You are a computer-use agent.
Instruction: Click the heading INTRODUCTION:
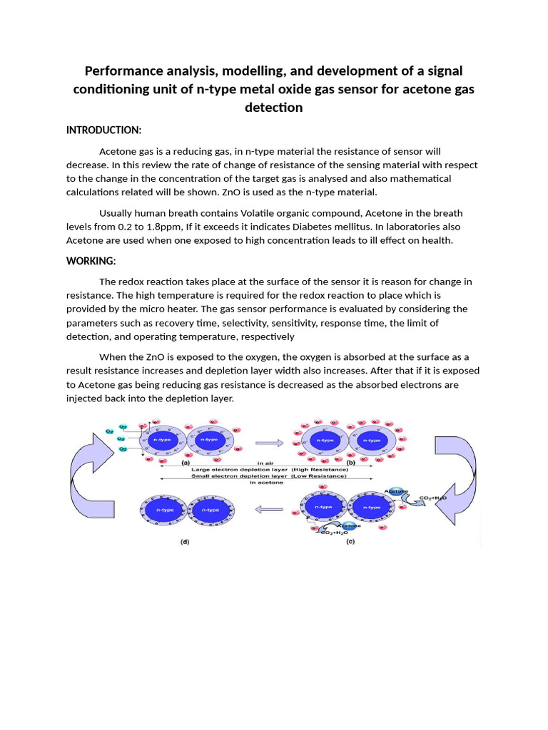point(103,130)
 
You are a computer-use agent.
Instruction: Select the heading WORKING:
point(91,261)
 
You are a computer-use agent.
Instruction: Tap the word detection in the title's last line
point(273,108)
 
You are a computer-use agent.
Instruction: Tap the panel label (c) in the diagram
point(350,542)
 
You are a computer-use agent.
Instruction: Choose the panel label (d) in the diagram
point(185,542)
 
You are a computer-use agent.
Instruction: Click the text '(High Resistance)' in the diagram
point(320,470)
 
